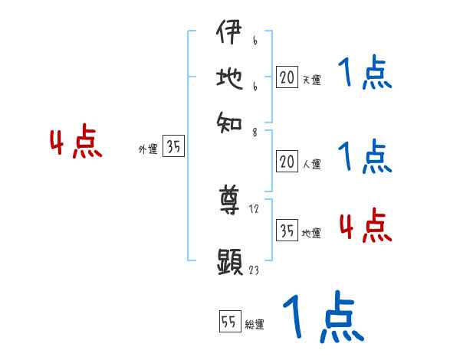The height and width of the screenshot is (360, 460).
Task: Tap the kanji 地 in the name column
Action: [229, 80]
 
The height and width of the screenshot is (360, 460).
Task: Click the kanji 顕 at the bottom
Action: [229, 262]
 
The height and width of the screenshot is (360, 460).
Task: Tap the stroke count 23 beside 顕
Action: [254, 270]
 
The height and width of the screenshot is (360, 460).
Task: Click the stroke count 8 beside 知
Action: [254, 131]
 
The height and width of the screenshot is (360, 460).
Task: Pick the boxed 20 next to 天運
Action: [287, 77]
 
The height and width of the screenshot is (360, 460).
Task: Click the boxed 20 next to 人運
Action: [287, 162]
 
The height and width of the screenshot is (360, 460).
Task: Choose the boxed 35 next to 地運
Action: [287, 231]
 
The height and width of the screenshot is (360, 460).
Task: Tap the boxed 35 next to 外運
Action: [173, 147]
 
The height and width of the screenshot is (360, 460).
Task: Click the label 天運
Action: [311, 80]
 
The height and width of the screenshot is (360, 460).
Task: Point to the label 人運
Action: [311, 164]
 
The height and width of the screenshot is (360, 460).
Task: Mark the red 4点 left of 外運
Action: [76, 143]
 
